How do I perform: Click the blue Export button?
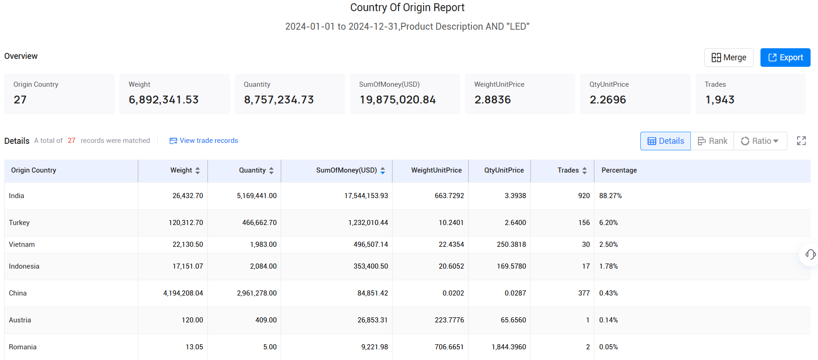pos(785,58)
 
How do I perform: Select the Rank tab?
pos(712,141)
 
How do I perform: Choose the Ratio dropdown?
pos(760,141)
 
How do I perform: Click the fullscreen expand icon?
pos(801,141)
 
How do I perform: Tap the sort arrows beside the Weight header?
pos(198,171)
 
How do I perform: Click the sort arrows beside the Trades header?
pos(585,171)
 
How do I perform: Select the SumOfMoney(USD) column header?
pos(346,170)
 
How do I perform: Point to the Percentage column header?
pos(619,170)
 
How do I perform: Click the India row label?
pos(17,196)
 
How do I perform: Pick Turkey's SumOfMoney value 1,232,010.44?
pos(368,223)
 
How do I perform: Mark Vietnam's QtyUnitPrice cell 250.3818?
pos(511,244)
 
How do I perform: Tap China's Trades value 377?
pos(584,293)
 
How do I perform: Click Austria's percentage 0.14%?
pos(608,320)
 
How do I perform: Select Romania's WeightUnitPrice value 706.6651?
pos(449,347)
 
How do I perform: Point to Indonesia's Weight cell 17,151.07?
pos(187,266)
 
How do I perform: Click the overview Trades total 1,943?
pos(720,100)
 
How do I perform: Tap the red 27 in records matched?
pos(71,141)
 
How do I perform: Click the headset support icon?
pos(810,254)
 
